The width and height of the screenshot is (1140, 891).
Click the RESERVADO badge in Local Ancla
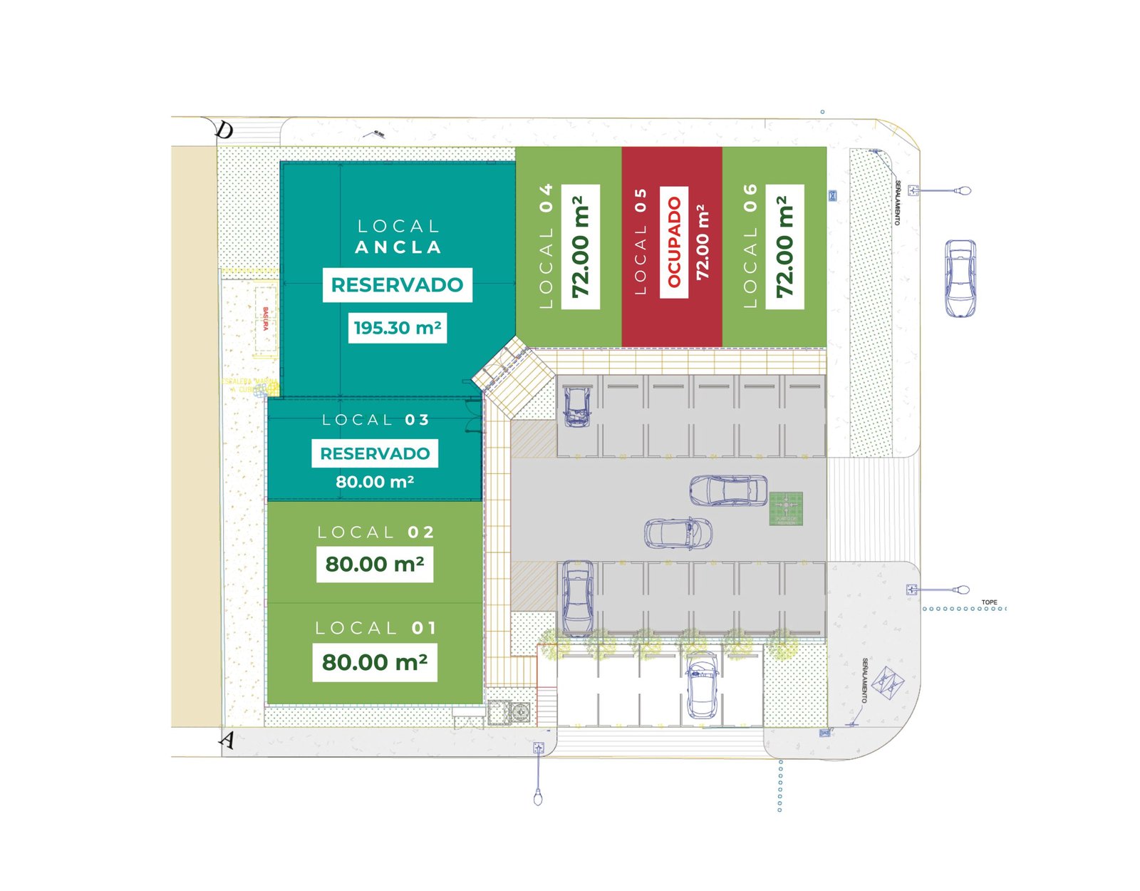click(397, 285)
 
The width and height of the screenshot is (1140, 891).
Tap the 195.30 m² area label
click(398, 328)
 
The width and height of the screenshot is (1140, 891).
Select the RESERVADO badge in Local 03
click(375, 453)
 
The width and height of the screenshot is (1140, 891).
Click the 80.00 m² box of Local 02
click(375, 564)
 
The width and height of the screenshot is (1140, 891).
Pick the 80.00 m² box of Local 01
click(375, 662)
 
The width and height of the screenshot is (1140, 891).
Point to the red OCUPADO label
click(674, 242)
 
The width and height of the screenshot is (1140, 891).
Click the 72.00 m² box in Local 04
click(581, 247)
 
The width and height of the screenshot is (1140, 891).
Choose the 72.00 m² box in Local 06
click(784, 247)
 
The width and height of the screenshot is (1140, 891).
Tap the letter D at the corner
click(224, 130)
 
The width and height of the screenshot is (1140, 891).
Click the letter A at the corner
click(227, 740)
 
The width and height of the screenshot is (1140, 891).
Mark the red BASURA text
click(266, 319)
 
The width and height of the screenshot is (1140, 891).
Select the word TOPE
click(989, 602)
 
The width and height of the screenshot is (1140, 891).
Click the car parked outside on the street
click(960, 278)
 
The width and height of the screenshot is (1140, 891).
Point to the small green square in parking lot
click(786, 508)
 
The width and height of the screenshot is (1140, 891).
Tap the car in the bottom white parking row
click(702, 686)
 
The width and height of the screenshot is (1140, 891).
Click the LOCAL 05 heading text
click(641, 242)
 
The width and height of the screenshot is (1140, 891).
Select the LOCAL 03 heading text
click(375, 420)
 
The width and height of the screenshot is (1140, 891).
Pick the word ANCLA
click(398, 247)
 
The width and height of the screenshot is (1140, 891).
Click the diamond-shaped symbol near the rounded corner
click(888, 682)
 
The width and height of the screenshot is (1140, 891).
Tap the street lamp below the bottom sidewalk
click(538, 796)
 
